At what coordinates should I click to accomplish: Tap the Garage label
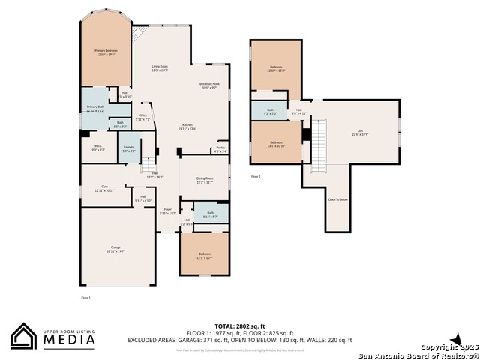[115, 248]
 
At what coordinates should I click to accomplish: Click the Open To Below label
[337, 199]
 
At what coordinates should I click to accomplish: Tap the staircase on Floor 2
[320, 144]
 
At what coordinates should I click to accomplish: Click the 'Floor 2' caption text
[256, 177]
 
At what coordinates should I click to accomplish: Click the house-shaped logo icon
[23, 336]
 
